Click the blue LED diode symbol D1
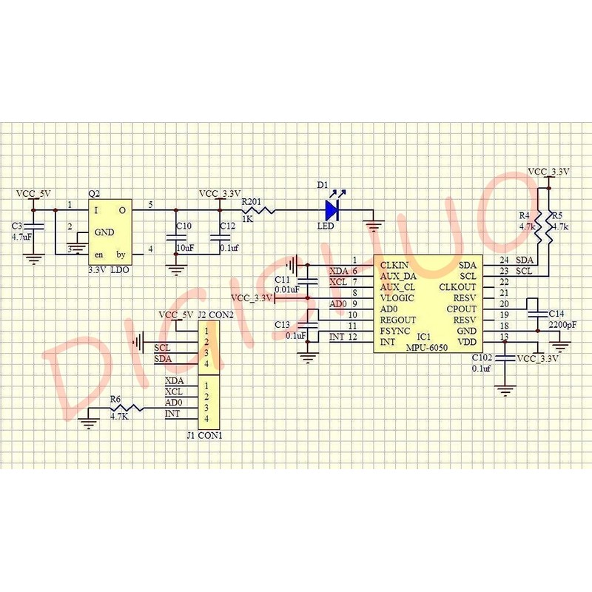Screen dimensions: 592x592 331,210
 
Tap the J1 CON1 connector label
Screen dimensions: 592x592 205,435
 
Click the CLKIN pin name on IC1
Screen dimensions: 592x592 394,264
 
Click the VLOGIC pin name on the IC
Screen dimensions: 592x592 397,297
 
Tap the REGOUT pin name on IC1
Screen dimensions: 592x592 398,320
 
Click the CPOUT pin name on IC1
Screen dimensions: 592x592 462,309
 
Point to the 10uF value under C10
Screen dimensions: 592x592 184,248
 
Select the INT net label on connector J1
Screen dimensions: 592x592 172,414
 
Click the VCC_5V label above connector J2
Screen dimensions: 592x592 176,314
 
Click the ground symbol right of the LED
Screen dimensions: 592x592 376,218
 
